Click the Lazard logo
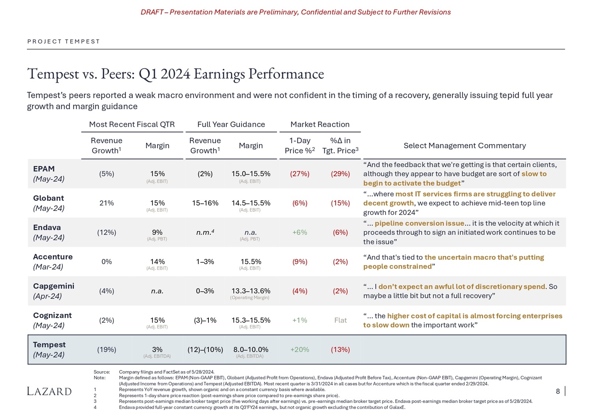49,391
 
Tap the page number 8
558,391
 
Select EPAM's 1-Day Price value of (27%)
300,174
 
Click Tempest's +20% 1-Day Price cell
300,349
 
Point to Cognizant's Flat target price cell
340,320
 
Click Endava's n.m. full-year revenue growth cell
205,232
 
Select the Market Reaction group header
320,125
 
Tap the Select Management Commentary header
465,146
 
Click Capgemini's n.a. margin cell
157,291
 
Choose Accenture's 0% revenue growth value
107,261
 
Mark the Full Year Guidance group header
231,125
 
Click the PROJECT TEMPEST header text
64,41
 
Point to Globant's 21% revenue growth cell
107,203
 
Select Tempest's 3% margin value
157,349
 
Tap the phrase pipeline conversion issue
419,223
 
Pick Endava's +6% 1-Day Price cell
300,232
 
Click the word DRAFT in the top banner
152,12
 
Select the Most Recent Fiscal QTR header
132,125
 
